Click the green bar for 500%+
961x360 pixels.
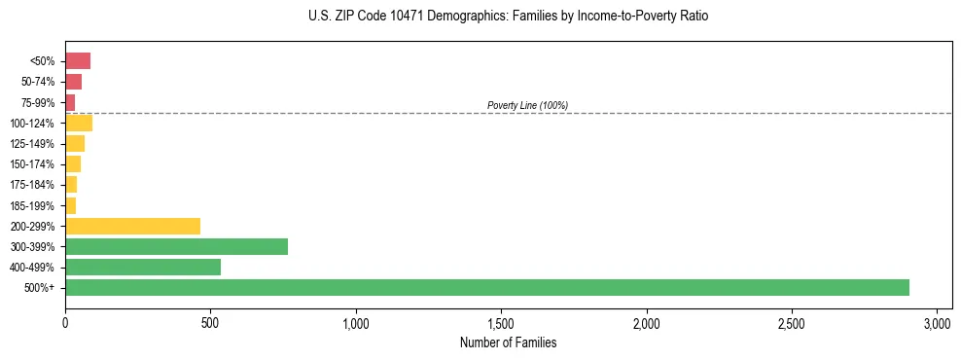click(486, 287)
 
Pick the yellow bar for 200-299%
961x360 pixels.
click(132, 226)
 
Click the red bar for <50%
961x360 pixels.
click(78, 61)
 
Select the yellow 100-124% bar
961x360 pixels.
click(79, 123)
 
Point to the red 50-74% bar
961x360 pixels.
click(73, 82)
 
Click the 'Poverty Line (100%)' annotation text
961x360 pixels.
click(527, 105)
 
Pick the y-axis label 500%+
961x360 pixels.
click(41, 287)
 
